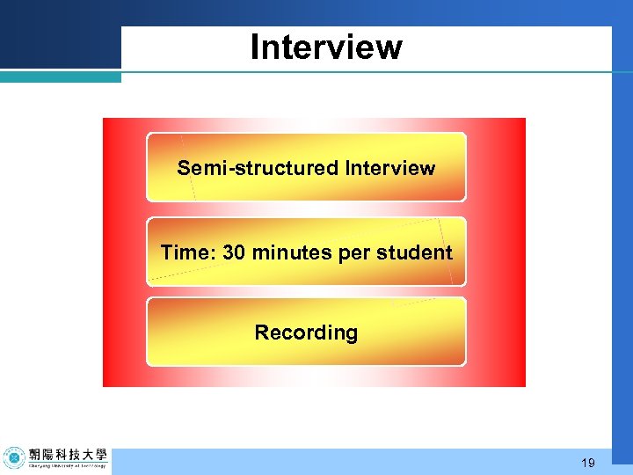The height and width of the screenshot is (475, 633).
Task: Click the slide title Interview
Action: point(325,47)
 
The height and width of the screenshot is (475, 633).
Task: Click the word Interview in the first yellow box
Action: point(390,168)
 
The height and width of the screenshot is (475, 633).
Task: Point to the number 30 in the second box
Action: point(235,253)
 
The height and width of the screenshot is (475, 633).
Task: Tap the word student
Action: point(413,253)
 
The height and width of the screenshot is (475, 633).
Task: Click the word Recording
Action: point(306,333)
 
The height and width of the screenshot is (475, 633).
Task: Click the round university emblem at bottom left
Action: point(14,457)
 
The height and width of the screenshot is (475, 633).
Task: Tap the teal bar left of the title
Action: point(60,77)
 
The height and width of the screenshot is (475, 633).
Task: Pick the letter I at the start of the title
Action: point(254,47)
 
